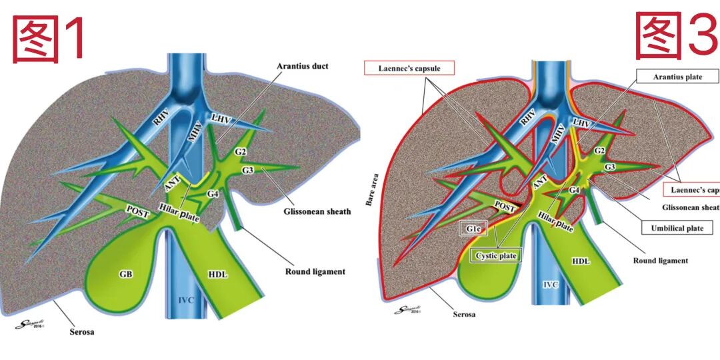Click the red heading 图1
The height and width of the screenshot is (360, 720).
[x=50, y=39]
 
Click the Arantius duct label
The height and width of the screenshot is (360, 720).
[x=303, y=67]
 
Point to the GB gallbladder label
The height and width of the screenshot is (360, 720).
[x=125, y=273]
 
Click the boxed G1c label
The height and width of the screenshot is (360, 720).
[x=474, y=229]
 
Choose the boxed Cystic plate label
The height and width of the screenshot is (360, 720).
[x=497, y=255]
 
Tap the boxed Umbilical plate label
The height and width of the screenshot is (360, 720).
[x=677, y=228]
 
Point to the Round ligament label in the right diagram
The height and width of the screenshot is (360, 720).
[x=660, y=261]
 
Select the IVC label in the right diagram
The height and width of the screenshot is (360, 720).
[x=550, y=285]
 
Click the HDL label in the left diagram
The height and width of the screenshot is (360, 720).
[x=218, y=274]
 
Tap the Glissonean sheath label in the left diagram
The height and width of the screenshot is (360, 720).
[x=317, y=212]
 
